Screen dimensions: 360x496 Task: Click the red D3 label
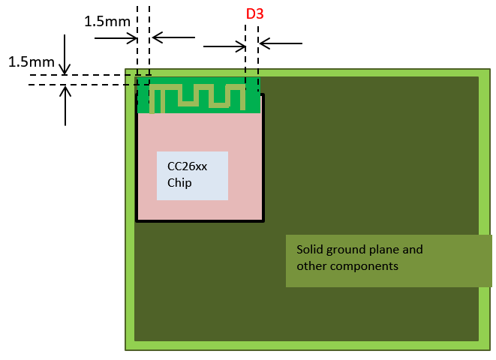tap(255, 14)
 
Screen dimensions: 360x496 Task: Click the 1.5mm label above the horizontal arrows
tap(107, 21)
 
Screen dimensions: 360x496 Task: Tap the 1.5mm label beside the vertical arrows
tap(31, 61)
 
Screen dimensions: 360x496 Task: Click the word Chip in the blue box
tap(179, 182)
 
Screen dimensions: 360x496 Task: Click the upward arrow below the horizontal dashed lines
tap(66, 105)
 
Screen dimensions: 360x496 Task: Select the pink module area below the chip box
tap(199, 210)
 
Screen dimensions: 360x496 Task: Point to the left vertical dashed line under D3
tap(245, 60)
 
